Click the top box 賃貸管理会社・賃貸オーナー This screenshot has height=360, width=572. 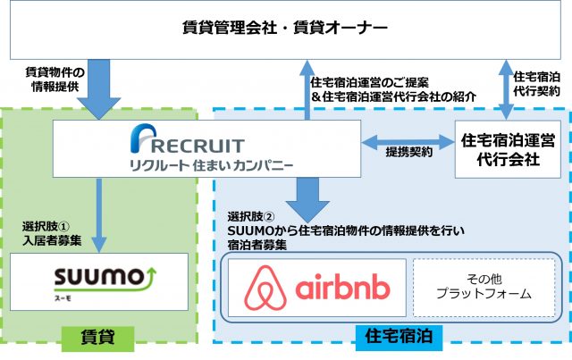(x=286, y=30)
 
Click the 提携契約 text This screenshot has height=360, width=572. (x=409, y=153)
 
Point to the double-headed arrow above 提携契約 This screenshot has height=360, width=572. (x=408, y=139)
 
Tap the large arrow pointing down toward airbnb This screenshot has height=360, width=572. (x=307, y=194)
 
